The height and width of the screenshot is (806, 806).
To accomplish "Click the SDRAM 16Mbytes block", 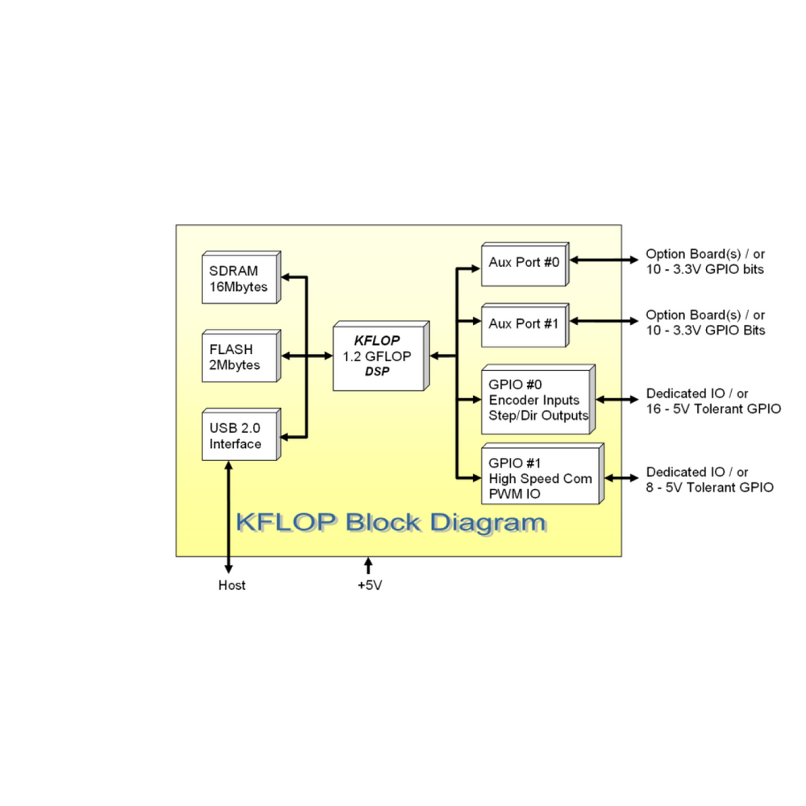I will [240, 279].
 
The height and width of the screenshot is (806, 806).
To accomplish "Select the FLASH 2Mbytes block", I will [240, 357].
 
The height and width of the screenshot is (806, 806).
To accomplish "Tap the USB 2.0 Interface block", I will [240, 436].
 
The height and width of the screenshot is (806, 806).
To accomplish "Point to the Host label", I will [232, 585].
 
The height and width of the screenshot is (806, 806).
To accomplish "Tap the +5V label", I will [369, 586].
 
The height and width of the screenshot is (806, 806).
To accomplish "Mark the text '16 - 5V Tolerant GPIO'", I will [713, 409].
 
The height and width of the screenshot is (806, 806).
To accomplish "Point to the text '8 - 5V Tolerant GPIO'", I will [710, 487].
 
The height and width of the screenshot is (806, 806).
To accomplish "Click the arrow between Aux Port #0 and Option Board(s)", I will [604, 260].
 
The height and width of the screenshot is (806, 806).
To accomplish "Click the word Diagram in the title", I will [487, 522].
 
